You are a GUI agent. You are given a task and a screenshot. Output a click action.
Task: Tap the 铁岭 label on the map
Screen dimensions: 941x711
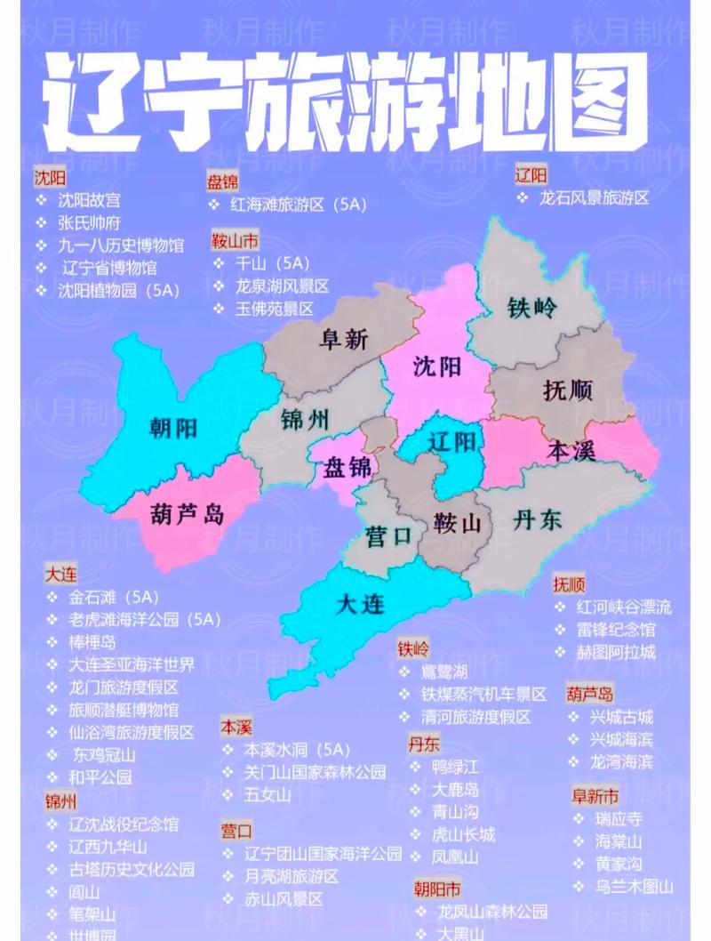click(532, 309)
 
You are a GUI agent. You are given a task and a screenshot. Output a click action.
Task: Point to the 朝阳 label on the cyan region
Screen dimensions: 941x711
click(173, 429)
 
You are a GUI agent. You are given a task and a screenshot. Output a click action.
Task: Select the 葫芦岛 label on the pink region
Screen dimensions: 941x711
click(188, 514)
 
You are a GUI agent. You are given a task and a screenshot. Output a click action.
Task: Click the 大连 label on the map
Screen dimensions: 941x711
click(362, 605)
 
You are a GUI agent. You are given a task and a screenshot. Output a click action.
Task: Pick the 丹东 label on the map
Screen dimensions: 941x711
click(538, 520)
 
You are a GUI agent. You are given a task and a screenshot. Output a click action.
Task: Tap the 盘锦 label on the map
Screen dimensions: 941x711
click(348, 466)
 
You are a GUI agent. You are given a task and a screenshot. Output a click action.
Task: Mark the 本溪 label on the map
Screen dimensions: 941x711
click(571, 449)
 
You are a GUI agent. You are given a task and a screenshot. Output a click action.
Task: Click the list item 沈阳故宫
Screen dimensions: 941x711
click(89, 200)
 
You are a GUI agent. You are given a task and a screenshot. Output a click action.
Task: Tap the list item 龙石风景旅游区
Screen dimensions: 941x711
click(594, 197)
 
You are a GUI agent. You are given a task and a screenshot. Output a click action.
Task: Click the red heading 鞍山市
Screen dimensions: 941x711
click(235, 241)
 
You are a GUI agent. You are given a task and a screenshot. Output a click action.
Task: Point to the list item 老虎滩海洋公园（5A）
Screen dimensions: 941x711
click(144, 620)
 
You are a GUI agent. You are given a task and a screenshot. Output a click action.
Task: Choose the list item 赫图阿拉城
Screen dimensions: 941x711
click(616, 652)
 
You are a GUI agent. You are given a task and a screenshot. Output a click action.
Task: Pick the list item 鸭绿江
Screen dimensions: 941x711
click(455, 767)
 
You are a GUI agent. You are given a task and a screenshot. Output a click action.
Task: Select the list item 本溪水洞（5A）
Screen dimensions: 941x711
click(298, 750)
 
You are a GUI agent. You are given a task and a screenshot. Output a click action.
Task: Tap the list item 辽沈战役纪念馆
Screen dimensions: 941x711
click(124, 824)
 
